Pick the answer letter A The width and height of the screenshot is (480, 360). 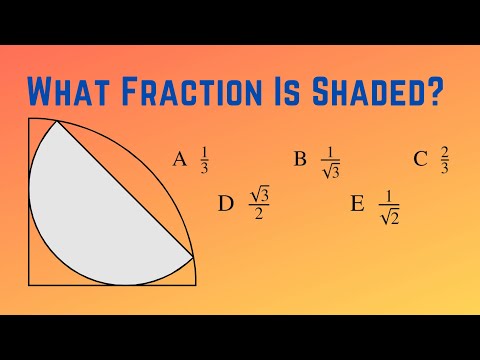click(179, 159)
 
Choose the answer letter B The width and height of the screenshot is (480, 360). click(299, 159)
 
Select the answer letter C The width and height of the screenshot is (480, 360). click(420, 159)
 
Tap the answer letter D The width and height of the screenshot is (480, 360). click(225, 204)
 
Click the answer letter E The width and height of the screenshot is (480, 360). click(357, 205)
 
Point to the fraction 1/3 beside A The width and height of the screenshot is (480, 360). click(204, 159)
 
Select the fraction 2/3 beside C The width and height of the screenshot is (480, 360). click(444, 159)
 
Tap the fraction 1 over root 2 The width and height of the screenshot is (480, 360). click(390, 206)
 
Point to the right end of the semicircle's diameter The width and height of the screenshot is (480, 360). click(192, 256)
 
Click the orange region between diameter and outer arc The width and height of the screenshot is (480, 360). click(150, 170)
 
